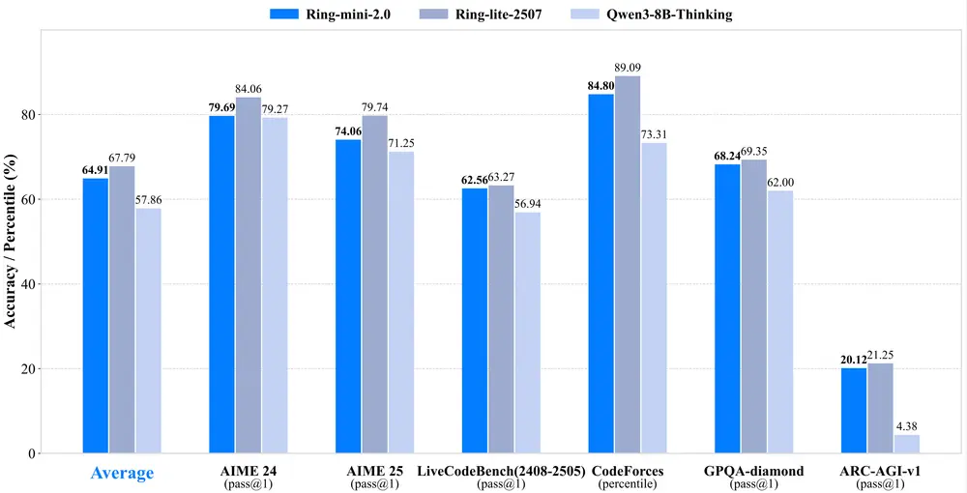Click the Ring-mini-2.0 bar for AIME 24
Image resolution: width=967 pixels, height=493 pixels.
[222, 284]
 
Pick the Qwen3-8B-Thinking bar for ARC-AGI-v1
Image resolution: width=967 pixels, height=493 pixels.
[906, 444]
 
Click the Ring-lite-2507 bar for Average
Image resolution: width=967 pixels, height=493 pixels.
[122, 309]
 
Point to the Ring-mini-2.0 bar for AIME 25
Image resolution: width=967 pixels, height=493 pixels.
[348, 296]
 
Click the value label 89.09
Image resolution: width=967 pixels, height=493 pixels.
[628, 68]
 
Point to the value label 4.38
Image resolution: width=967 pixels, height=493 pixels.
[907, 426]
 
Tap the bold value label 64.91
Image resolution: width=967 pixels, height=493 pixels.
[95, 170]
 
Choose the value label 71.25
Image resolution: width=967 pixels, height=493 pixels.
[401, 143]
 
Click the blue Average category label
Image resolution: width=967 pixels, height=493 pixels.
[122, 473]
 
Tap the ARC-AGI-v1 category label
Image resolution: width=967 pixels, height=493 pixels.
[880, 470]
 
